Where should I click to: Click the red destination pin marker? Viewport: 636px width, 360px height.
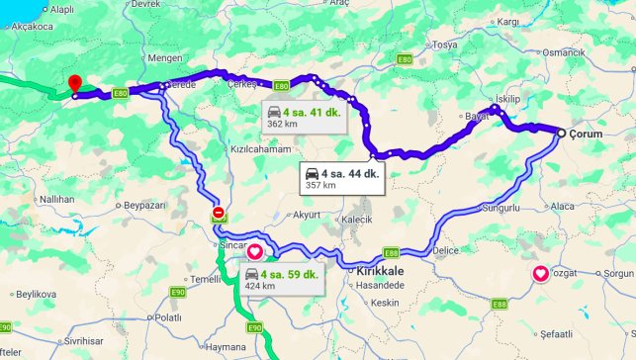coord(73,84)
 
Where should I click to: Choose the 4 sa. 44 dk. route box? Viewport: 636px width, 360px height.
coord(342,179)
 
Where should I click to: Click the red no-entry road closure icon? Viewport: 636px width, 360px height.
coord(219,213)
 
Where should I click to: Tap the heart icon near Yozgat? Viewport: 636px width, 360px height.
coord(541,274)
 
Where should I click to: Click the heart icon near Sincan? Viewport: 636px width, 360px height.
coord(254,251)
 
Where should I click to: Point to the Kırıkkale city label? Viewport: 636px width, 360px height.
coord(375,268)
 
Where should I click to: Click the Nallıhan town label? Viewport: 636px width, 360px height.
coord(56,199)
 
